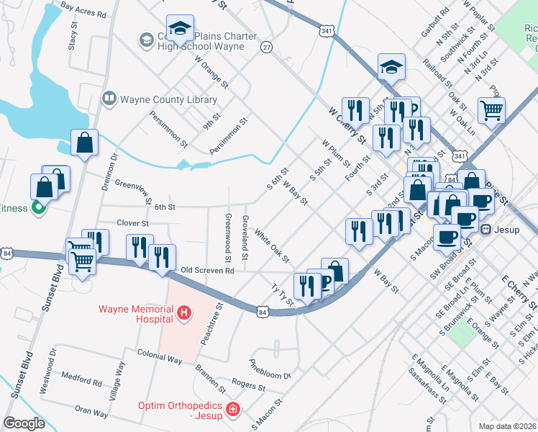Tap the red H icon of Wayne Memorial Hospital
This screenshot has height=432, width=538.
(x=185, y=312)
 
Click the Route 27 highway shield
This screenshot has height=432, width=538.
(x=267, y=47)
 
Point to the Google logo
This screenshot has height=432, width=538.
(x=24, y=423)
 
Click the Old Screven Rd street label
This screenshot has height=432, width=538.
(x=207, y=271)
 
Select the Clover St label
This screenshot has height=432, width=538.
(x=132, y=224)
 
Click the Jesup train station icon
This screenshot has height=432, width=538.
(x=485, y=230)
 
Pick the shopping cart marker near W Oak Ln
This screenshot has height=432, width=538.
(x=492, y=110)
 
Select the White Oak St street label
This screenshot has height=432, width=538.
(x=271, y=247)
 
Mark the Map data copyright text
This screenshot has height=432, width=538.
(x=506, y=426)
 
